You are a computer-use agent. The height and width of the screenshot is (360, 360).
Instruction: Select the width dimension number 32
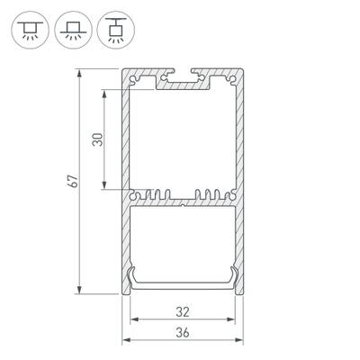(183, 312)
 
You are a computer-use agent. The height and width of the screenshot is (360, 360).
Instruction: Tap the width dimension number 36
(183, 332)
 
